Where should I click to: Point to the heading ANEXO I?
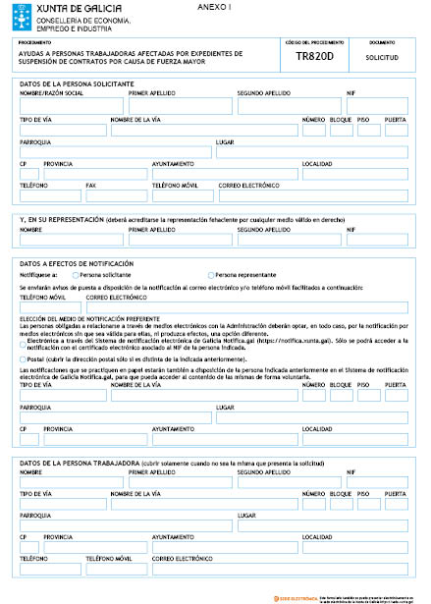pos(225,6)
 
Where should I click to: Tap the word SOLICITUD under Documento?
pos(380,59)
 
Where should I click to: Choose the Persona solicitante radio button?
pos(76,276)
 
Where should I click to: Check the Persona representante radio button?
pos(211,276)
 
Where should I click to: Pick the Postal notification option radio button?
pos(24,358)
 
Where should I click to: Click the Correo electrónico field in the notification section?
pos(246,306)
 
